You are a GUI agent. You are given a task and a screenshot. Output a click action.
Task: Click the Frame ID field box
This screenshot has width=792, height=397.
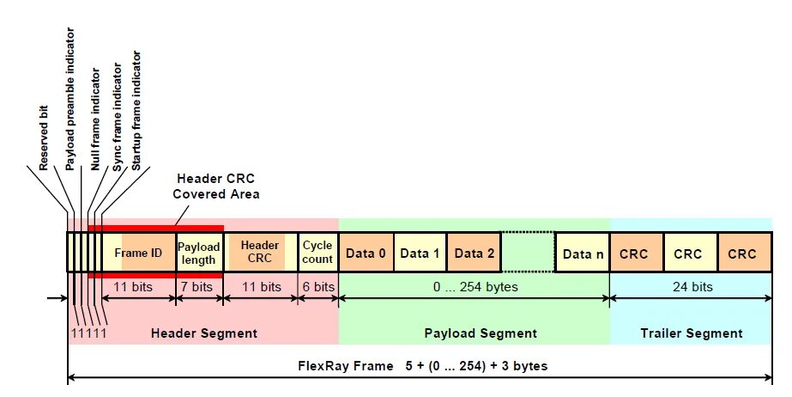pyautogui.click(x=138, y=253)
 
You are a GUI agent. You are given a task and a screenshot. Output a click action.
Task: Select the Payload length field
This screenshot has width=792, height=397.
pyautogui.click(x=199, y=253)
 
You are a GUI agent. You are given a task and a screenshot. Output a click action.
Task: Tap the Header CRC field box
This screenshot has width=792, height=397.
pyautogui.click(x=260, y=253)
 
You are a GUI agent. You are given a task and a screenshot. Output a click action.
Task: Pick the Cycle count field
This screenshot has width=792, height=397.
pyautogui.click(x=317, y=253)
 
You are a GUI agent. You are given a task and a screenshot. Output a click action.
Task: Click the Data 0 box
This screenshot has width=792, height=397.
pyautogui.click(x=366, y=253)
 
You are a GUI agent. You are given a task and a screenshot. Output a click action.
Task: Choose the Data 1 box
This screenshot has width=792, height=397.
pyautogui.click(x=420, y=253)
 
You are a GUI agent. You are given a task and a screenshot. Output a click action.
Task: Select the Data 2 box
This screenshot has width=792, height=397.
pyautogui.click(x=474, y=253)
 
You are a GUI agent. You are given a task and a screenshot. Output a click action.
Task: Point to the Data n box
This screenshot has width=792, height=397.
pyautogui.click(x=582, y=253)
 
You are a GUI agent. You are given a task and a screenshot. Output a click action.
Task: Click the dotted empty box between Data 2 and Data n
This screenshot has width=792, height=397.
pyautogui.click(x=528, y=253)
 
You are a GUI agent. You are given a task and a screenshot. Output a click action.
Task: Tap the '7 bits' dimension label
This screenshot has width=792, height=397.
pyautogui.click(x=199, y=286)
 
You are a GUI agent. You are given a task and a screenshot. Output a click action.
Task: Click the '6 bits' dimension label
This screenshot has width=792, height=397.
pyautogui.click(x=317, y=286)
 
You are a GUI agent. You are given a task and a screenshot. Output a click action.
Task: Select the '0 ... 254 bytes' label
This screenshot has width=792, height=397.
pyautogui.click(x=475, y=286)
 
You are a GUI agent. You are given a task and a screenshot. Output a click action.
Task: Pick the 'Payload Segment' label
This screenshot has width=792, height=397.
pyautogui.click(x=481, y=333)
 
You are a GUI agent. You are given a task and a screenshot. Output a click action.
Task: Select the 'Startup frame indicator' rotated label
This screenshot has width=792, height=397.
pyautogui.click(x=137, y=107)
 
